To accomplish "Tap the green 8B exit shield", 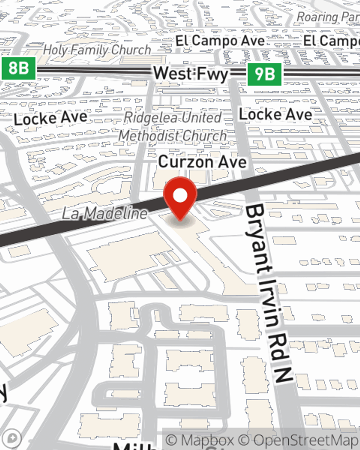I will (18, 68).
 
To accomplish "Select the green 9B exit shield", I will (265, 74).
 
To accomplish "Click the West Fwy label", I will (191, 74).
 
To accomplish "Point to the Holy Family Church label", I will (97, 50).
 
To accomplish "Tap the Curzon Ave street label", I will (202, 162).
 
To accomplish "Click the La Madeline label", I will (105, 213).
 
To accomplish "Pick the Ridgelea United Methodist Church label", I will (173, 127).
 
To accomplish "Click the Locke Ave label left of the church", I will (51, 118).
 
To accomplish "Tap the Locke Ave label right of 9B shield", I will (276, 115).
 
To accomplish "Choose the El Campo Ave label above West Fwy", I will (220, 41).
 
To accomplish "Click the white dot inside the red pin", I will (180, 196).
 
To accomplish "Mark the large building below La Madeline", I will (128, 256).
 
